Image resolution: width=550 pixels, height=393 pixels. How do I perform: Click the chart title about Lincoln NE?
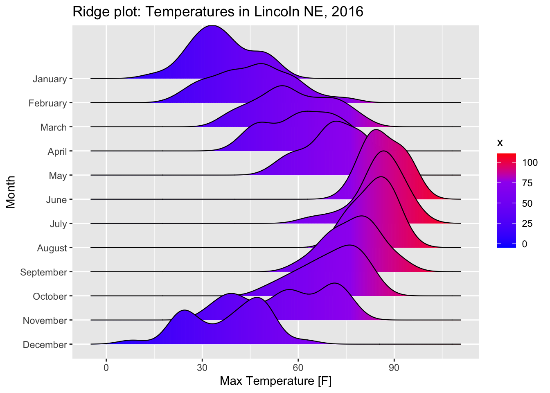(x=218, y=12)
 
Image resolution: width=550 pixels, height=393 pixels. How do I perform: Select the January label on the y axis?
(x=50, y=79)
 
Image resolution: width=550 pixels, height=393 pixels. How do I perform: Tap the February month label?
(x=47, y=103)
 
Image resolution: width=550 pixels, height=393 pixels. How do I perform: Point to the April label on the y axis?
(x=57, y=151)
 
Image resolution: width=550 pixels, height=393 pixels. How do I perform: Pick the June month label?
(x=57, y=200)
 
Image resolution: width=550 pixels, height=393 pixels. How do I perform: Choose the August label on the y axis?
(x=52, y=248)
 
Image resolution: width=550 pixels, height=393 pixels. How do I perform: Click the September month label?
(x=44, y=272)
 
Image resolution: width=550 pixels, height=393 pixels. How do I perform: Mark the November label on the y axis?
(x=45, y=321)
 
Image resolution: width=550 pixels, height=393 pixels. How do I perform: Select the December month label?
(x=45, y=345)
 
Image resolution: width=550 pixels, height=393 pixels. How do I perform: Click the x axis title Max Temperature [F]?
(x=275, y=381)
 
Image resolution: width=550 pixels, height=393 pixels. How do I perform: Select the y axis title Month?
(x=11, y=192)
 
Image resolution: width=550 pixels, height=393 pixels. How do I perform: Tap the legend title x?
(x=500, y=143)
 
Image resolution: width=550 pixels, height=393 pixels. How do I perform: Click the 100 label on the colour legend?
(x=530, y=163)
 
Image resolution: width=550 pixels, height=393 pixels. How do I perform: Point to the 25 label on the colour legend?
(x=527, y=224)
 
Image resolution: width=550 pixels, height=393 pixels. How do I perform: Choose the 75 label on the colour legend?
(x=527, y=183)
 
